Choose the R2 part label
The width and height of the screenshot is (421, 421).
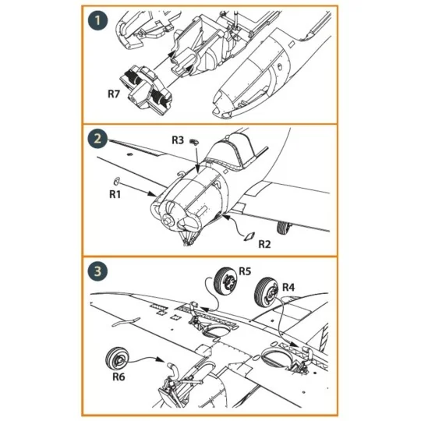(264, 244)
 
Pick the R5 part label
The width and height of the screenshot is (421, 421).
(244, 271)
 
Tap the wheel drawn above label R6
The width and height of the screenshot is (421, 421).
(116, 356)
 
